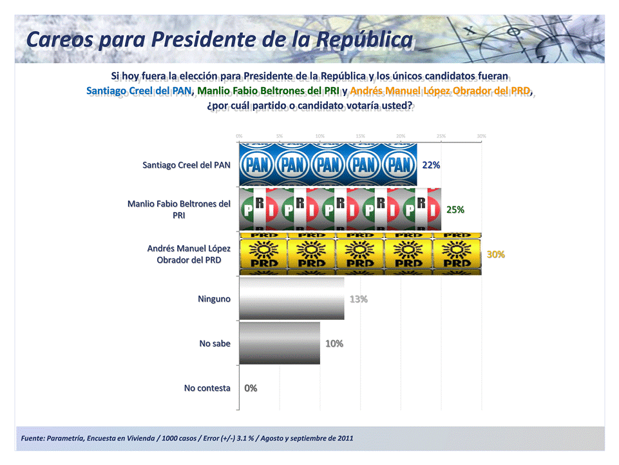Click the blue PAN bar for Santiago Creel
(328, 164)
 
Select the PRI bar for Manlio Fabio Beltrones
(340, 210)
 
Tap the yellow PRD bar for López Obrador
(360, 254)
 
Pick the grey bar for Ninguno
(291, 299)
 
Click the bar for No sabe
(280, 343)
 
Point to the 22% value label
(431, 165)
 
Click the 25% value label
(455, 210)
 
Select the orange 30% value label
(495, 254)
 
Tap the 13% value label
(358, 299)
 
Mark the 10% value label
(334, 344)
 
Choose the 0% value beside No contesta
(251, 388)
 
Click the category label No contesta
(207, 388)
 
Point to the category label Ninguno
(214, 299)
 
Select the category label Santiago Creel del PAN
(186, 165)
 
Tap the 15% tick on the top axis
(360, 136)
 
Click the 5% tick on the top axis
(280, 136)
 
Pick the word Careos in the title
(61, 39)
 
